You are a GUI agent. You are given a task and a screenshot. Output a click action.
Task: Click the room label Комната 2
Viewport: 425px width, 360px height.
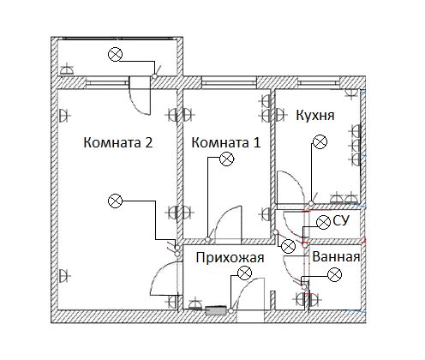point(118,142)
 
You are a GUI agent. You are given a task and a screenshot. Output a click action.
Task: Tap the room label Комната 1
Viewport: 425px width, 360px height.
point(225,142)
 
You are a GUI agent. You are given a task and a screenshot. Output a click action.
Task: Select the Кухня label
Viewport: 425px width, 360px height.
point(315,116)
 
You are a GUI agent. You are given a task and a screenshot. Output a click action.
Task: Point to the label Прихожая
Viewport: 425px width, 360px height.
point(230,258)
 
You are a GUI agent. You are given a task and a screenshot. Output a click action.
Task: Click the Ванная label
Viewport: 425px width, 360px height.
point(336,257)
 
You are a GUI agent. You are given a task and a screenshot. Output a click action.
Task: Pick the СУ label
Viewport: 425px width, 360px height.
point(341,221)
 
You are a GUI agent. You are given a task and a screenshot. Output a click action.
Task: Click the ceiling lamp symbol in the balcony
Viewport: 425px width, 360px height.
point(116,54)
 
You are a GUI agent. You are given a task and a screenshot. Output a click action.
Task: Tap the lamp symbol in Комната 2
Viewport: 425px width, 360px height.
point(115,201)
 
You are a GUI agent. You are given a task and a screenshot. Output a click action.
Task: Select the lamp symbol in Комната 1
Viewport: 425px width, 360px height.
point(226,159)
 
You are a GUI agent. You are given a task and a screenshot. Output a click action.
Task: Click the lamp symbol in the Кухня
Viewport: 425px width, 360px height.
point(320,141)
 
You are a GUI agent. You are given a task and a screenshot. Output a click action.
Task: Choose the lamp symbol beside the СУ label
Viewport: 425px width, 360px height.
point(323,222)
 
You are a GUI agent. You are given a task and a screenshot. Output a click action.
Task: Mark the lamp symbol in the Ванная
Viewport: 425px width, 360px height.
point(334,274)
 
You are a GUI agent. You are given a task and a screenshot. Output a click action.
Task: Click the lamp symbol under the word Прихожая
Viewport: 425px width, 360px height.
point(245,273)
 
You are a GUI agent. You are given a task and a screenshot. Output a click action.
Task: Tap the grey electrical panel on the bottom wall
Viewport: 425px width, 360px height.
point(216,310)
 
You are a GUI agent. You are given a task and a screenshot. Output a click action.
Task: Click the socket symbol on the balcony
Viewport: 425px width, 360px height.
point(67,70)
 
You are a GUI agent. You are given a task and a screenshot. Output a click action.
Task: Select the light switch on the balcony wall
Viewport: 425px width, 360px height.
point(154,76)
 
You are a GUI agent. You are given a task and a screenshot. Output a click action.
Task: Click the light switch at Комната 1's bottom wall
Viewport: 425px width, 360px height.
point(208,239)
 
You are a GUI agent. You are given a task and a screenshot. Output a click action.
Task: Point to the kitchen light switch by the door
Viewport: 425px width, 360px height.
point(311,203)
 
